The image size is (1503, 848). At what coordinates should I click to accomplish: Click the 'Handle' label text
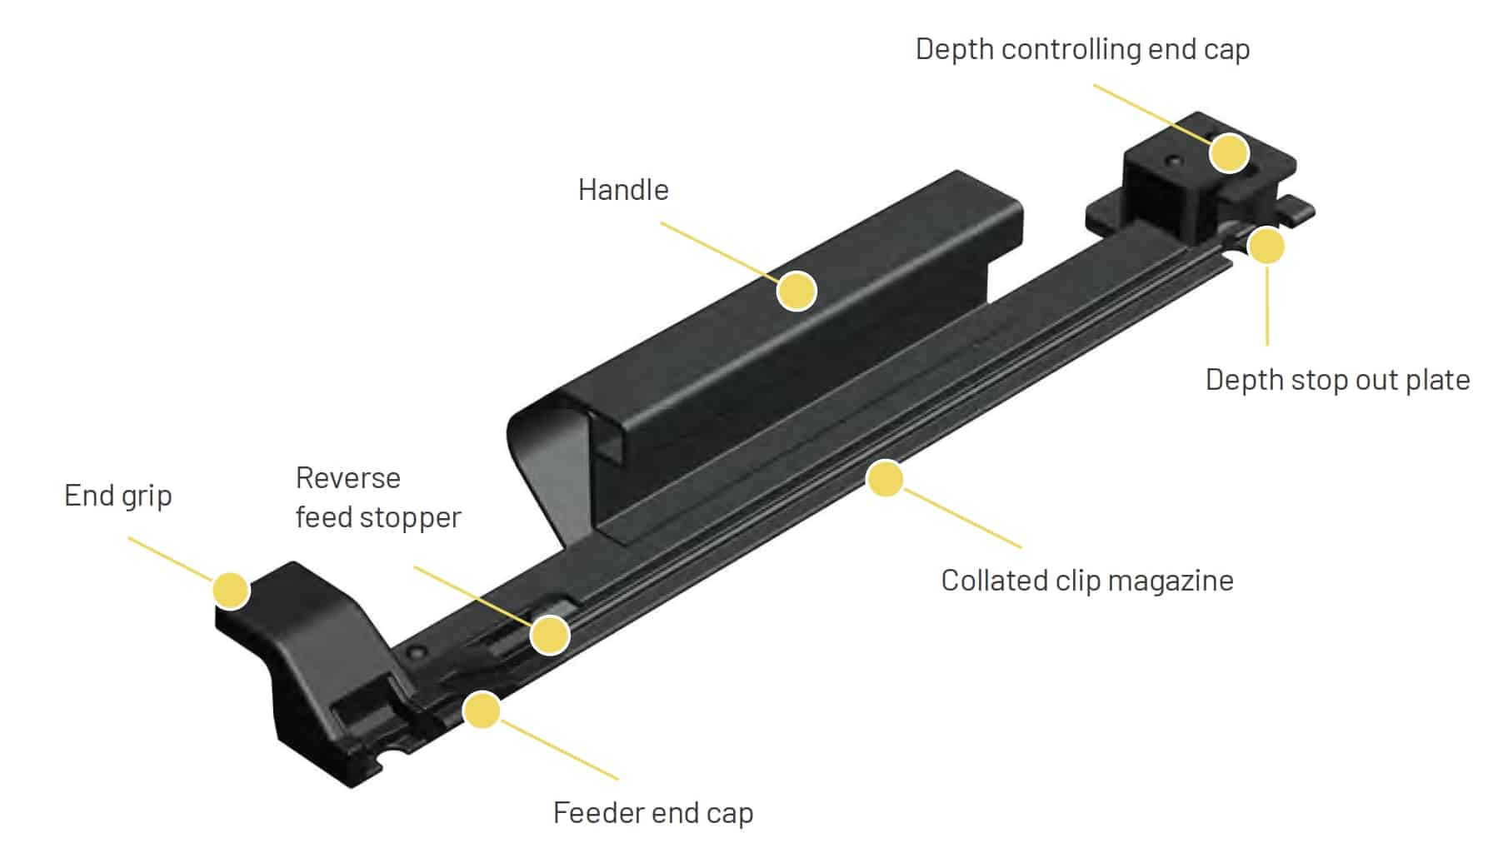(x=623, y=190)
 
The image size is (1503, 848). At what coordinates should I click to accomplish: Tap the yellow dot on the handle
(x=796, y=291)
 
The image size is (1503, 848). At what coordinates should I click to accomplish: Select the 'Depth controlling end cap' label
(x=1081, y=49)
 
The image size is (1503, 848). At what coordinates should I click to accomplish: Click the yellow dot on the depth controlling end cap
(x=1229, y=152)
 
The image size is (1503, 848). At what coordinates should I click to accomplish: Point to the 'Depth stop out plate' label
(x=1336, y=380)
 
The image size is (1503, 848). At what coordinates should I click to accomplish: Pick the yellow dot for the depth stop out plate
(x=1266, y=246)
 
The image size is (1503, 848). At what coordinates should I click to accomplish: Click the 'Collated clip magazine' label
(x=1086, y=581)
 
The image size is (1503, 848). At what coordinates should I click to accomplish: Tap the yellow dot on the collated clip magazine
(x=885, y=479)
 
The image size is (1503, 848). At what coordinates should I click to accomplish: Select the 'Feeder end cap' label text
(x=652, y=812)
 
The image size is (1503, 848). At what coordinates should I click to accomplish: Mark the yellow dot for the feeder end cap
(x=482, y=711)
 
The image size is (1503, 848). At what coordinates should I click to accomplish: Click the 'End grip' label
(x=118, y=496)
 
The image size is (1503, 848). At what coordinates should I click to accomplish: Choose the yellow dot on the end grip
(x=231, y=591)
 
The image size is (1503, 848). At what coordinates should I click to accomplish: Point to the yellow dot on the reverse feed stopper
(x=550, y=635)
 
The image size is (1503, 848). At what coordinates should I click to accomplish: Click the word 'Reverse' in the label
(x=347, y=478)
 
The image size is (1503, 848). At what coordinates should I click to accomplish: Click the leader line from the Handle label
(x=717, y=250)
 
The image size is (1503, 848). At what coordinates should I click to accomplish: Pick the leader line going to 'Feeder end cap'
(x=558, y=750)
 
